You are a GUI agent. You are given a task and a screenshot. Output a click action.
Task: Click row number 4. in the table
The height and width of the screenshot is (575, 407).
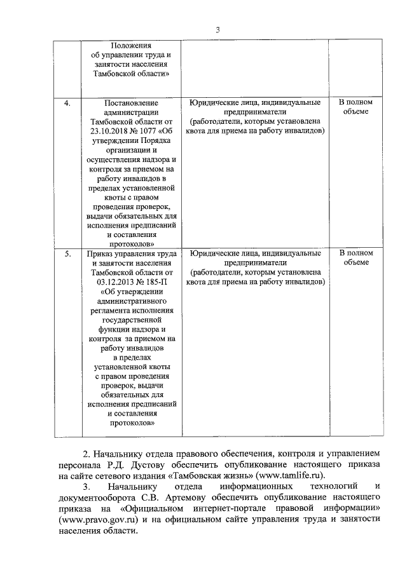pyautogui.click(x=67, y=102)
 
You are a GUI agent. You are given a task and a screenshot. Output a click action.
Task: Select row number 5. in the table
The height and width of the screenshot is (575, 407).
pyautogui.click(x=67, y=254)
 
